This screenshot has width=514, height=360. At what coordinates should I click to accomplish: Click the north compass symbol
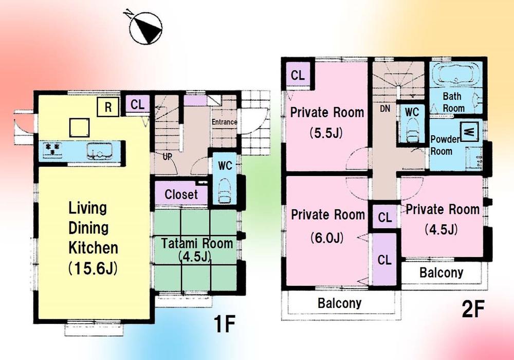coord(146,28)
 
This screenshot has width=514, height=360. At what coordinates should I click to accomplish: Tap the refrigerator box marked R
coord(108,107)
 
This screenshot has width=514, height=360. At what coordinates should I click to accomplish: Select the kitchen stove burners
coord(53,150)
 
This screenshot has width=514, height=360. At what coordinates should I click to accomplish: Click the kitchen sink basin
coord(98,151)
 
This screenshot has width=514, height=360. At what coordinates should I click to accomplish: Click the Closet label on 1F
coord(181,195)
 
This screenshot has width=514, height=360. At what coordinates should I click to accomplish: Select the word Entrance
coord(224,122)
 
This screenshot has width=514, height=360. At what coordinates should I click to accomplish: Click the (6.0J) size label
coord(326,238)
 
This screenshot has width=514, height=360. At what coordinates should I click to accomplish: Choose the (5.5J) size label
coord(326,134)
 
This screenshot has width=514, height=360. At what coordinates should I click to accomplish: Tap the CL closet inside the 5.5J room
coord(298,75)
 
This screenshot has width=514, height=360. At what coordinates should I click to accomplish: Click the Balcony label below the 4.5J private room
coord(442,273)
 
